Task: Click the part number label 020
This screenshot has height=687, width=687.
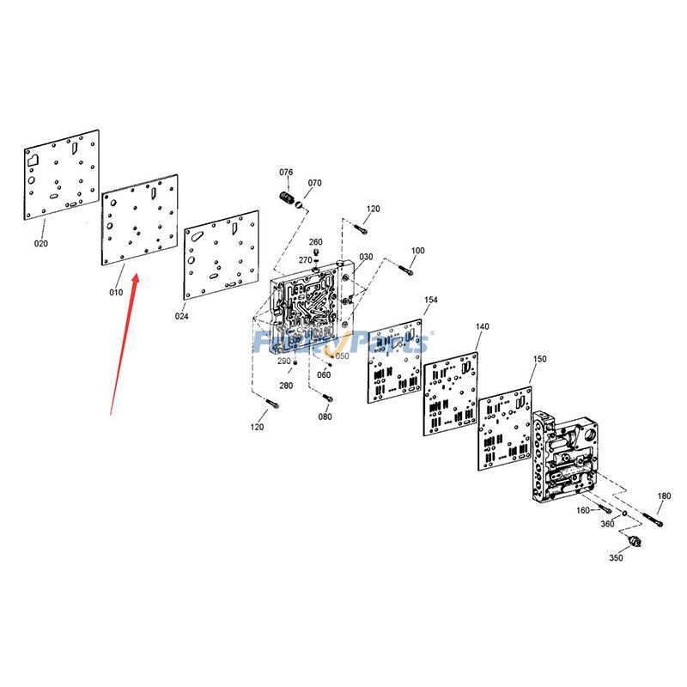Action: click(x=41, y=243)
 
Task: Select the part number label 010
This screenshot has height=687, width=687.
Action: click(x=116, y=292)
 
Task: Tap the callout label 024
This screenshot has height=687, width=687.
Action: click(x=182, y=316)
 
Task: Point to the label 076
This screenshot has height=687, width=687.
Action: click(x=286, y=173)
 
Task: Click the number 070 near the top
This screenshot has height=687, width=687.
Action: click(x=314, y=183)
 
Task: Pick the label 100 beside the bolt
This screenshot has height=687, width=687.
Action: click(x=417, y=251)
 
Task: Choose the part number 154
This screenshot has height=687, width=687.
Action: click(x=431, y=300)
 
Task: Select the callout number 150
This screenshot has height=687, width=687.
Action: click(x=539, y=359)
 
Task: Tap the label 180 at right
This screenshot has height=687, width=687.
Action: click(x=664, y=496)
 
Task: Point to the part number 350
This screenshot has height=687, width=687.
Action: click(x=616, y=557)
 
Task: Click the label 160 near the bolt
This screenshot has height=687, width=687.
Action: click(x=583, y=511)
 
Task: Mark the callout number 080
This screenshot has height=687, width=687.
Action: click(x=325, y=416)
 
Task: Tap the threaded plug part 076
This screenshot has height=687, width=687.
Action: click(x=289, y=200)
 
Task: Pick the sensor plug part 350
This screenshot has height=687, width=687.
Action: click(x=636, y=542)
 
